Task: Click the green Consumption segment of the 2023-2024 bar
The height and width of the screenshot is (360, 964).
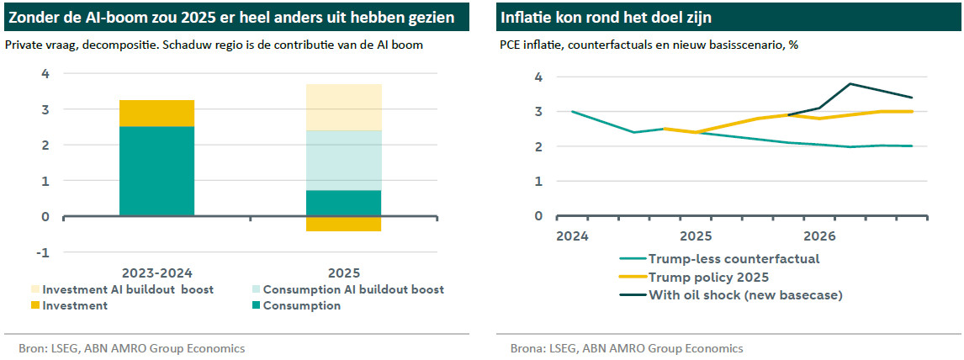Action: (157, 171)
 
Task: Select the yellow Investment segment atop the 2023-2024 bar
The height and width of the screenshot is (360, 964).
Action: (157, 113)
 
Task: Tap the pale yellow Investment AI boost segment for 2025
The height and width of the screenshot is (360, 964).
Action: (343, 107)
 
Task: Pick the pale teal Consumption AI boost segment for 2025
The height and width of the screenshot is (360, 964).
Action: (343, 160)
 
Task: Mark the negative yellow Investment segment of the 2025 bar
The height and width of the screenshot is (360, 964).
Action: (343, 223)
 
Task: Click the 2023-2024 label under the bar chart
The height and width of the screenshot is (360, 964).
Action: (157, 273)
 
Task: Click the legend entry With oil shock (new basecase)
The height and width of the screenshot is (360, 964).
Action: (745, 294)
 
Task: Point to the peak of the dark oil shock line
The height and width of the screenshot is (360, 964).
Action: (850, 84)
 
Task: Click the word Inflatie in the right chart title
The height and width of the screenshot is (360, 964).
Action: (527, 17)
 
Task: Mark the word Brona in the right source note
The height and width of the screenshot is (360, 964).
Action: (527, 348)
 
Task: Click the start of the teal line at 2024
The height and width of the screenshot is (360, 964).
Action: (573, 111)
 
